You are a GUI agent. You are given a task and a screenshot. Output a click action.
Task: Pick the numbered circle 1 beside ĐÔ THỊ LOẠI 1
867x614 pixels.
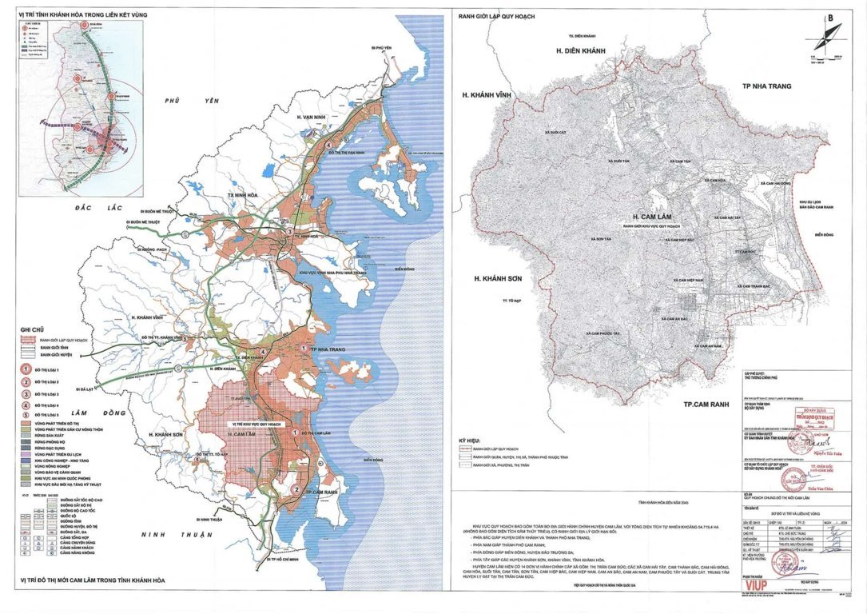[26, 369]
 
